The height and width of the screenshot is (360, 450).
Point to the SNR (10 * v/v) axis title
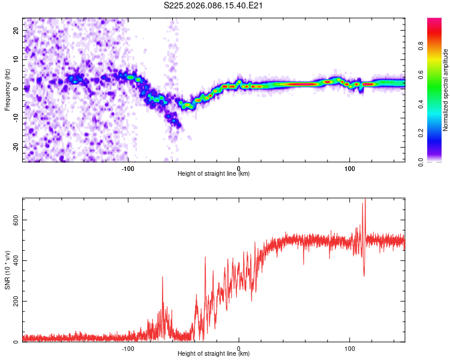[7, 270]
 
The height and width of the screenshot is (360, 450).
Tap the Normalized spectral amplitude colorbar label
[446, 90]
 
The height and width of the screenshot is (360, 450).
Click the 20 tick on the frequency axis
[16, 30]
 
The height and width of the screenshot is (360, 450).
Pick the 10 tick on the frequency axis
[16, 59]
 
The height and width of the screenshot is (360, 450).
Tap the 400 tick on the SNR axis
[14, 260]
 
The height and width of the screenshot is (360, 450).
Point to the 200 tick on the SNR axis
[14, 301]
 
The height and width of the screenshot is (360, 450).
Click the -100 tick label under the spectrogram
[127, 167]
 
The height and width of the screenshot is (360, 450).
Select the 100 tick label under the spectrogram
[350, 167]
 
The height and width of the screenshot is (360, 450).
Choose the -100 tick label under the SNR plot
[127, 348]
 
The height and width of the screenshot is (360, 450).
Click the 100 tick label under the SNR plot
[350, 348]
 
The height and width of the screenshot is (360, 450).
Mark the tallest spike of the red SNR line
[364, 200]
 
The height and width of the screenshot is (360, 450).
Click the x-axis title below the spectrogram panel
[214, 174]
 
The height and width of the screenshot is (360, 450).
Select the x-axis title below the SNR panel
[214, 355]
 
